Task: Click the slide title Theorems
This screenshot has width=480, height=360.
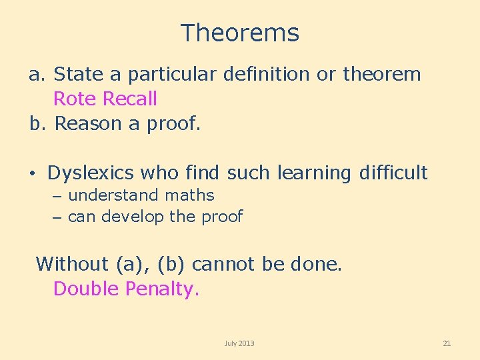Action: coord(239,33)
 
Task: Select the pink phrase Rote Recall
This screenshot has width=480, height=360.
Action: coord(105,99)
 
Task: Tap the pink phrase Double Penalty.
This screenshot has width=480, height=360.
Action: coord(125,289)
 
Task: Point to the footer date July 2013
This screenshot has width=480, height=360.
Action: coord(239,343)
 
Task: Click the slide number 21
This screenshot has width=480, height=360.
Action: coord(447,343)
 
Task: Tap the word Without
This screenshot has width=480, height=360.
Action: coord(72,264)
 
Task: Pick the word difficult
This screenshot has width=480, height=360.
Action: coord(393,173)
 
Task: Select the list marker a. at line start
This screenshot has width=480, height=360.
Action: coord(37,75)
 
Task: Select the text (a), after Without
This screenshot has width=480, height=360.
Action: coord(134,264)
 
